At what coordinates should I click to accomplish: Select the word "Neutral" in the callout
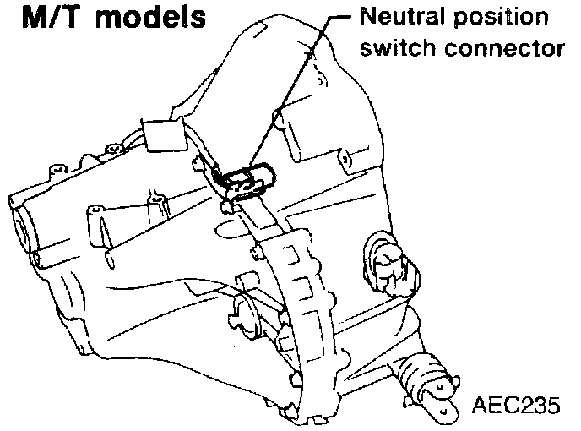point(398,18)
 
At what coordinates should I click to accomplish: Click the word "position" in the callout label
point(498,19)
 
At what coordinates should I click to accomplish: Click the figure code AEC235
point(516,406)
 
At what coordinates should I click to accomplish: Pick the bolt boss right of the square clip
point(200,157)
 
